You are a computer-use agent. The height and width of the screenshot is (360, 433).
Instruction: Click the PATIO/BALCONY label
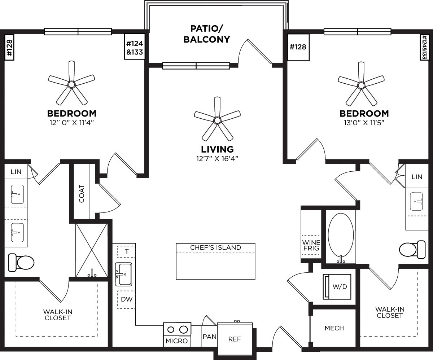(206, 34)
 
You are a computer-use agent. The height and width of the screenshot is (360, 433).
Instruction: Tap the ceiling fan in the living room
(217, 119)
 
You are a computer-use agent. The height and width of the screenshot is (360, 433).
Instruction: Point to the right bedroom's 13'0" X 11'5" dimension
(364, 123)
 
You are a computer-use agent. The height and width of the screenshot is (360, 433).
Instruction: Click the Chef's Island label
(215, 248)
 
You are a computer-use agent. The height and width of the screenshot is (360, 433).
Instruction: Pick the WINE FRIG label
(311, 245)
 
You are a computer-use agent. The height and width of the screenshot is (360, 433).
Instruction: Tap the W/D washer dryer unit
(339, 287)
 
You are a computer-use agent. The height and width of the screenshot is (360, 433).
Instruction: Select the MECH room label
(334, 328)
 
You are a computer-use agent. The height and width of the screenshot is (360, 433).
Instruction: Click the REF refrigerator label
(235, 339)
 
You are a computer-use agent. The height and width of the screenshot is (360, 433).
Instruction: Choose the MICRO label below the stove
(176, 341)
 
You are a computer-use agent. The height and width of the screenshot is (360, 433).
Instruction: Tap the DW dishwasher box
(126, 299)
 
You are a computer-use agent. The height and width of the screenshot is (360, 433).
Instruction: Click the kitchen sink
(123, 274)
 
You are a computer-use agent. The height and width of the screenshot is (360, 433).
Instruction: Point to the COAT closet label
(82, 194)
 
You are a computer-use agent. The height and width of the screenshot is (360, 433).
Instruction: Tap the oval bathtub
(340, 238)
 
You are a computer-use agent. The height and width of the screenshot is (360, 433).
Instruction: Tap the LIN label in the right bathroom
(417, 177)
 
